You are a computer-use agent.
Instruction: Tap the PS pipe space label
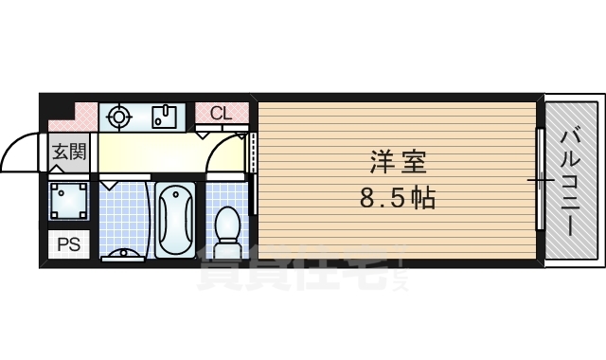[69, 243]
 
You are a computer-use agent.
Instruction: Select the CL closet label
[221, 113]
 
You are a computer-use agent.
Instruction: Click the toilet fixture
[227, 227]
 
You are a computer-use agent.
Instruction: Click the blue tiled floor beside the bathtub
[123, 213]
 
